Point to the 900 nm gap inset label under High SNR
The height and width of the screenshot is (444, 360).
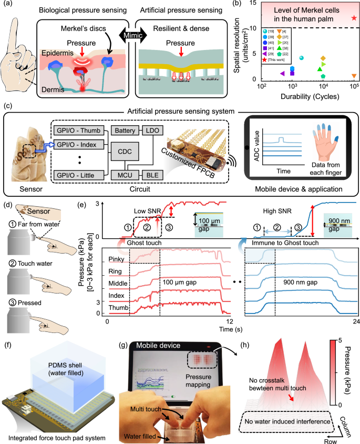pyautogui.click(x=340, y=216)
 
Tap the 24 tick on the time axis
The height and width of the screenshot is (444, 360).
pyautogui.click(x=356, y=321)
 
